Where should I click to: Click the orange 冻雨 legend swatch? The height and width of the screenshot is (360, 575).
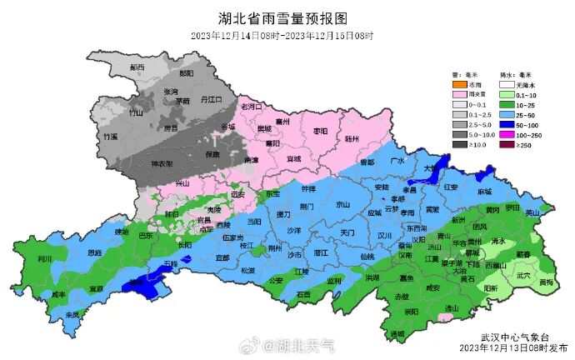(459, 85)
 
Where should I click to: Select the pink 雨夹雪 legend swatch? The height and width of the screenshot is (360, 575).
(459, 95)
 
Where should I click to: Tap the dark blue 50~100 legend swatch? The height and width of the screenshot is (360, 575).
(507, 125)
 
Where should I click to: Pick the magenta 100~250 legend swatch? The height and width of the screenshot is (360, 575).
(507, 135)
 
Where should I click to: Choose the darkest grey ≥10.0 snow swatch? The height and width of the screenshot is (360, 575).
(459, 145)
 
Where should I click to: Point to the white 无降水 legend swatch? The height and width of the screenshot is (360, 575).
(507, 85)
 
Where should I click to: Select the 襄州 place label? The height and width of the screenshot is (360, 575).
(283, 121)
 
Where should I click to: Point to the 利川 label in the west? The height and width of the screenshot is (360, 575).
(45, 258)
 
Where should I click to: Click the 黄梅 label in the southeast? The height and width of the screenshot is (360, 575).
(545, 282)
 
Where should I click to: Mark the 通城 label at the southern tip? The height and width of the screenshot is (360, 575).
(395, 333)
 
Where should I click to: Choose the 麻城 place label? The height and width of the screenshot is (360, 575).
(484, 191)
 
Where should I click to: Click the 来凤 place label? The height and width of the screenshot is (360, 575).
(72, 315)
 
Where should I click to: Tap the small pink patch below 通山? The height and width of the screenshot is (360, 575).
(447, 317)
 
